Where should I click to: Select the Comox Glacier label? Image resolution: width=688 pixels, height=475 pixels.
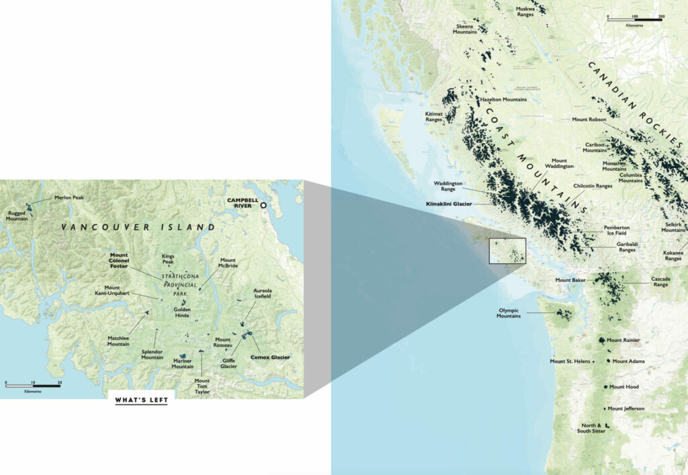[x=270, y=357]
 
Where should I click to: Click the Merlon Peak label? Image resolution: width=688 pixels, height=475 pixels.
[x=69, y=198]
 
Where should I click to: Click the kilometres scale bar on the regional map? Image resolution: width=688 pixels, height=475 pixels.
[x=635, y=19]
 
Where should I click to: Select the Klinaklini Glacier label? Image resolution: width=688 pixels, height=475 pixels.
[x=450, y=203]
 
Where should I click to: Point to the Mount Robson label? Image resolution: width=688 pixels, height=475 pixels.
[x=589, y=120]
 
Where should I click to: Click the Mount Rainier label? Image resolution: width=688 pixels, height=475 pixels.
[x=623, y=340]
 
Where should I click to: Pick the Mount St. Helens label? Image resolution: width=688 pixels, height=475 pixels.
[x=570, y=361]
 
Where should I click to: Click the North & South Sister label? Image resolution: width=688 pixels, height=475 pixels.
[x=593, y=427]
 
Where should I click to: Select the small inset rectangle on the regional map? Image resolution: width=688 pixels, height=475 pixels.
[x=507, y=250]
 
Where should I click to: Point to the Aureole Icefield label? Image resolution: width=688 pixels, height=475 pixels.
[x=263, y=294]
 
